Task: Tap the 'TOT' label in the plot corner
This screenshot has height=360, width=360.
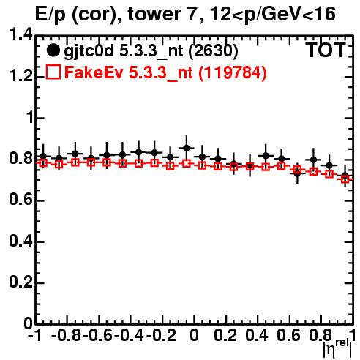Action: coord(326,50)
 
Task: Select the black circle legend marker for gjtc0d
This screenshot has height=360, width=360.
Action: coord(53,50)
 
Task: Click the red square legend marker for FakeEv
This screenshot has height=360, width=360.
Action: coord(53,72)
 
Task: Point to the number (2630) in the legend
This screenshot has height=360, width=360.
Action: coord(213,50)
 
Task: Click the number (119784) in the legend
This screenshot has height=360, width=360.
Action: coord(233,72)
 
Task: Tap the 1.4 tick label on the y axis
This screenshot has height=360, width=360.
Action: coord(20,34)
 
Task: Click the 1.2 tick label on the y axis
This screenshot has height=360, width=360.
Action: coord(20,76)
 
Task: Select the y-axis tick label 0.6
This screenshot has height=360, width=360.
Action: coord(20,200)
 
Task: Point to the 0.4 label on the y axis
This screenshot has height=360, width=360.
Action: coord(20,241)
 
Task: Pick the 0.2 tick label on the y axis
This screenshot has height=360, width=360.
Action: coord(20,282)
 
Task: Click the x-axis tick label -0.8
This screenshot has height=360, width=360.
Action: coord(67,335)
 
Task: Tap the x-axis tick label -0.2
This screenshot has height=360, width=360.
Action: coord(161,335)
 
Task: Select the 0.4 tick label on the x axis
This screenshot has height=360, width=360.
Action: coord(257,335)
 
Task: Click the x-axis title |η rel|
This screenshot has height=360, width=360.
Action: coord(337,348)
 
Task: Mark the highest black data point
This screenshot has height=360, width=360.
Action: coord(187,148)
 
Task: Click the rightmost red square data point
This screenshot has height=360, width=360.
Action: coord(345,179)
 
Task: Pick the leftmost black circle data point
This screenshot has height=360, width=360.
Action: coord(43,156)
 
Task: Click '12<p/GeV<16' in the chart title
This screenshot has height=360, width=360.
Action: coord(272,15)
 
